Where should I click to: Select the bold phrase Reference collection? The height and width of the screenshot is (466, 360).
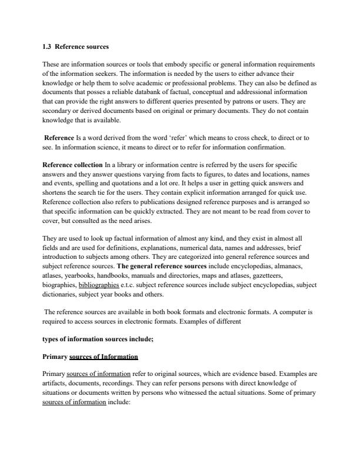[73, 164]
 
